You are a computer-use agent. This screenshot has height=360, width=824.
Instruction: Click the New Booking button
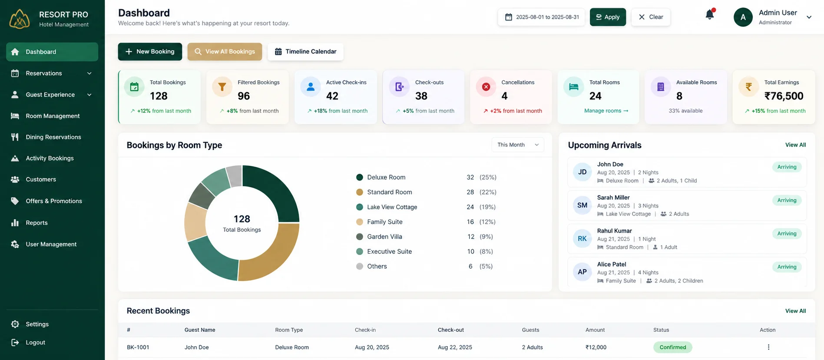pyautogui.click(x=150, y=52)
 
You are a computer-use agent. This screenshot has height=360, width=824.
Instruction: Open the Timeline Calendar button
pyautogui.click(x=305, y=52)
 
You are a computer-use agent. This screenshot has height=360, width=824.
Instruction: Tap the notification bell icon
pyautogui.click(x=710, y=15)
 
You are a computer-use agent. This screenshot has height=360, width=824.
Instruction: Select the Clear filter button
pyautogui.click(x=651, y=17)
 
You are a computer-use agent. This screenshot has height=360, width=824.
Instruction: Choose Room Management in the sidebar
pyautogui.click(x=52, y=116)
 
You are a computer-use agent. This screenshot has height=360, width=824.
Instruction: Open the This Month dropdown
pyautogui.click(x=518, y=145)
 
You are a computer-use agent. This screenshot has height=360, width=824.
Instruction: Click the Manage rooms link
pyautogui.click(x=606, y=111)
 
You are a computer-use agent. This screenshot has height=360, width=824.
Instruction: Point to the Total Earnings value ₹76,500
pyautogui.click(x=784, y=96)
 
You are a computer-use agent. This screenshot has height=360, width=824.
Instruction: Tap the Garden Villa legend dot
pyautogui.click(x=360, y=237)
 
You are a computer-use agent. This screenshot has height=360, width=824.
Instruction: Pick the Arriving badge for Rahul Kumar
pyautogui.click(x=787, y=234)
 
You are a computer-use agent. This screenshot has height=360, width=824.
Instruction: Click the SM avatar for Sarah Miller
pyautogui.click(x=582, y=205)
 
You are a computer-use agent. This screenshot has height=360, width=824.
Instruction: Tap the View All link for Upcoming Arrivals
pyautogui.click(x=795, y=145)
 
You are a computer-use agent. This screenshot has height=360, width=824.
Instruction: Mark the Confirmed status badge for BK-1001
pyautogui.click(x=673, y=347)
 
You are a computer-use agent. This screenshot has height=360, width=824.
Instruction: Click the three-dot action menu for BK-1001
pyautogui.click(x=768, y=347)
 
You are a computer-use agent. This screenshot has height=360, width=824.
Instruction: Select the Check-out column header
pyautogui.click(x=451, y=330)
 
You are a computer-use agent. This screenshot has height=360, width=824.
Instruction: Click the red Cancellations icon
pyautogui.click(x=486, y=87)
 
